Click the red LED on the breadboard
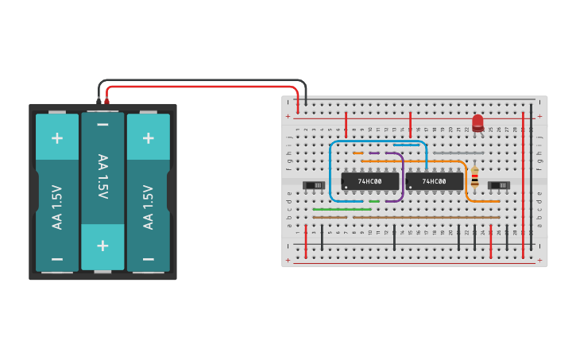tap(477, 123)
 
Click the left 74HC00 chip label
tap(369, 182)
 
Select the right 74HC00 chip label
tap(433, 182)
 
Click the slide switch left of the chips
tap(315, 186)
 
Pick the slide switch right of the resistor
tap(498, 186)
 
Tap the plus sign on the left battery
tap(57, 137)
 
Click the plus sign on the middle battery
tap(102, 245)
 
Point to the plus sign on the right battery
tap(148, 137)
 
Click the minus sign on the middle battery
tap(102, 125)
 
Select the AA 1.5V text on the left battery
tap(57, 207)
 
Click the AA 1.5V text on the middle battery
tap(102, 176)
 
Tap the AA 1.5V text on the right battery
tap(148, 207)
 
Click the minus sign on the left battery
tap(57, 259)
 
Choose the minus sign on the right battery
tap(148, 259)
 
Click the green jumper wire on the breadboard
tap(342, 209)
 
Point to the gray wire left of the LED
tap(458, 153)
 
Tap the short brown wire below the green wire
tap(330, 217)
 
